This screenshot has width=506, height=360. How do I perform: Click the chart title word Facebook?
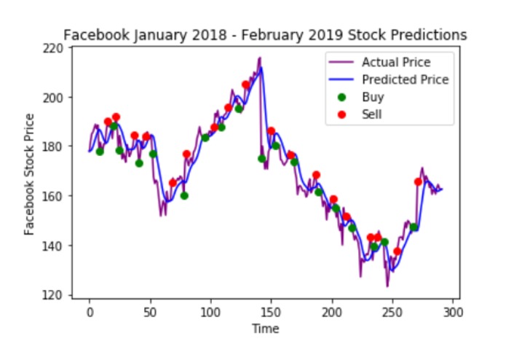88,35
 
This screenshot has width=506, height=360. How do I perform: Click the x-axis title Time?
265,329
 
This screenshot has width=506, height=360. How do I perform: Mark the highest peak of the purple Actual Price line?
259,58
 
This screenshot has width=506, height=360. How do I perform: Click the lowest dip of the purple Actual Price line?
387,286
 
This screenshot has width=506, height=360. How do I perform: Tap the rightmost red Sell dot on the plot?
418,181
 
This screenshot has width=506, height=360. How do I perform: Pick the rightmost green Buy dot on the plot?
414,227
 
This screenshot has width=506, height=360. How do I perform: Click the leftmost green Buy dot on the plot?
100,152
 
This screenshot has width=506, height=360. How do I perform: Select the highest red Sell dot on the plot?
245,85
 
